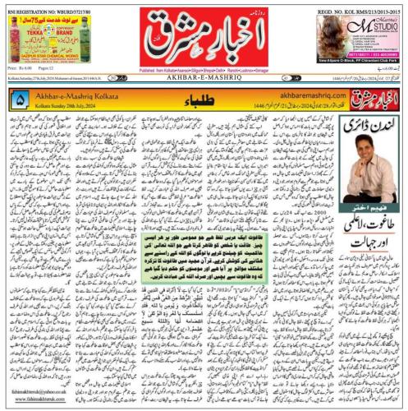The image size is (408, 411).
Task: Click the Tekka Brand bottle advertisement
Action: click(x=41, y=44)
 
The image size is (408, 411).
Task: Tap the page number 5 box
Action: click(x=20, y=100)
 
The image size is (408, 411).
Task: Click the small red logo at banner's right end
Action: click(x=377, y=99)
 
